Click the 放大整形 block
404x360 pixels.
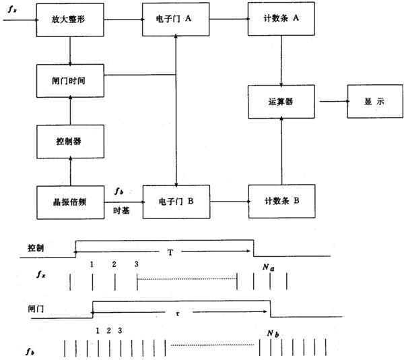tap(70, 20)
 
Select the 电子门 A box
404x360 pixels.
tap(175, 20)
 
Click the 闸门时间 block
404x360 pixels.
tap(70, 80)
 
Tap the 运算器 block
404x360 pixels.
tap(282, 101)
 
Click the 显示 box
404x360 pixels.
tap(374, 101)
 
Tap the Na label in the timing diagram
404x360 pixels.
tap(269, 267)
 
